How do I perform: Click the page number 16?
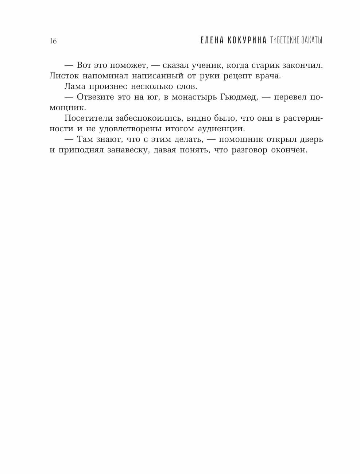[x=53, y=41]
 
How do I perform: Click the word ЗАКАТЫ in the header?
[x=312, y=40]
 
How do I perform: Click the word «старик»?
[x=267, y=66]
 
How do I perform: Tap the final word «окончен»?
[x=289, y=150]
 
